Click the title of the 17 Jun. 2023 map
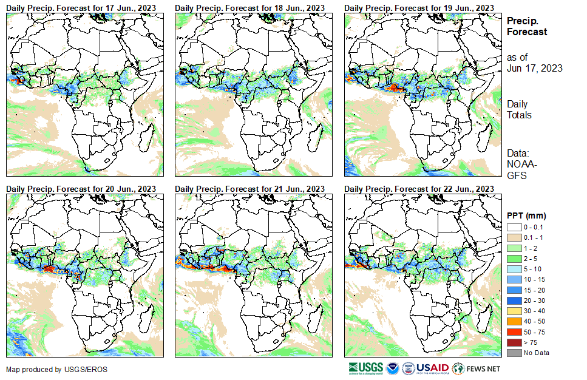click(x=81, y=7)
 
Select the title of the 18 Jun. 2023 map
click(x=250, y=7)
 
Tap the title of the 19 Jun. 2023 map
click(x=419, y=7)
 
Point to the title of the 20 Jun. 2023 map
click(x=81, y=189)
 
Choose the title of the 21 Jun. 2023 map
click(x=250, y=189)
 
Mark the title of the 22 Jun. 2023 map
click(x=419, y=189)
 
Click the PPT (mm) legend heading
click(x=527, y=216)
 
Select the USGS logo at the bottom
click(x=366, y=368)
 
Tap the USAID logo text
click(x=432, y=368)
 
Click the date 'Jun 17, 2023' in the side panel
click(x=534, y=68)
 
